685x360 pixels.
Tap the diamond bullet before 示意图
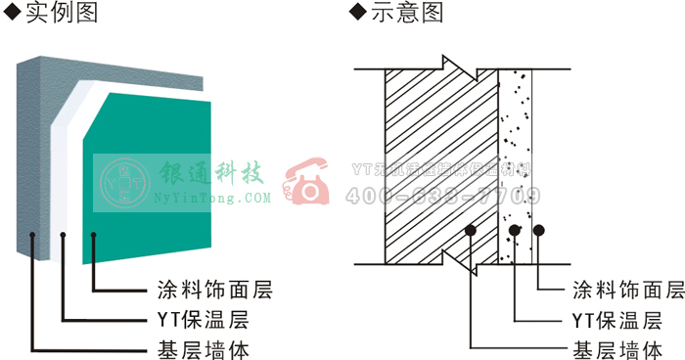(355, 13)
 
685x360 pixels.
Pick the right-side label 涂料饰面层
(627, 290)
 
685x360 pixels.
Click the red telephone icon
(307, 181)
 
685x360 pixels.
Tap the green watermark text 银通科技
(213, 175)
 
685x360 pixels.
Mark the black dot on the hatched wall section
(471, 231)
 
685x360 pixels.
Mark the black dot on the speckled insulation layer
(515, 231)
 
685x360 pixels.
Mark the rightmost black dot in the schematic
(537, 231)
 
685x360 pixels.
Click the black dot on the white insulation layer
(64, 235)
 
